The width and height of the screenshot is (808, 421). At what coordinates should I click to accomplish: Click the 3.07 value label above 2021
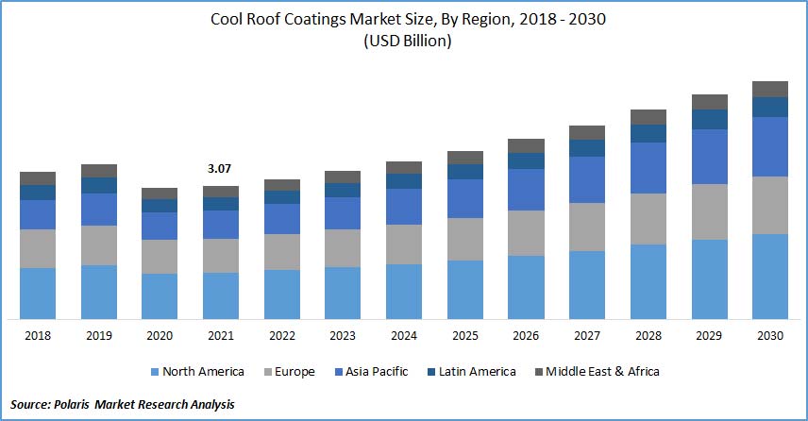tap(220, 169)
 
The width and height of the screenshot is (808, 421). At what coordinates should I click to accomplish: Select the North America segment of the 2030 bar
tap(770, 276)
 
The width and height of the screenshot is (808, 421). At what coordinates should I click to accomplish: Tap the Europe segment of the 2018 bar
tap(38, 248)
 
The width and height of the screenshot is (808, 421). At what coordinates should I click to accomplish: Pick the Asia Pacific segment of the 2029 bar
tap(710, 157)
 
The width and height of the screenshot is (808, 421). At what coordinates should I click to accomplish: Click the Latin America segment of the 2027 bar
tap(587, 148)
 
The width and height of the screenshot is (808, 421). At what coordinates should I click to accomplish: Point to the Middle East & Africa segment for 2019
tap(99, 171)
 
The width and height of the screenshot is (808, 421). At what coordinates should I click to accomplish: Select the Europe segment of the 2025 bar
tap(465, 239)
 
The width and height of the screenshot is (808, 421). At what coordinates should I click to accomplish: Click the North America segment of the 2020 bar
tap(160, 295)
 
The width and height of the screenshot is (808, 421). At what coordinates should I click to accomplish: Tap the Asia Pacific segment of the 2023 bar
tap(343, 213)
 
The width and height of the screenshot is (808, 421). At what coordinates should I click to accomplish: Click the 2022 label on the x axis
tap(281, 335)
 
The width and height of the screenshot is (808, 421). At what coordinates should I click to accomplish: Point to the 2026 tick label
tap(526, 335)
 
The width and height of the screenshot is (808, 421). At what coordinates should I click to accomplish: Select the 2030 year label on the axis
tap(770, 335)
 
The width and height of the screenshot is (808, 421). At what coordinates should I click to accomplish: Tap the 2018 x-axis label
tap(38, 335)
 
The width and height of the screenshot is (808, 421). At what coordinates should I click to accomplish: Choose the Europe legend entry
tap(289, 372)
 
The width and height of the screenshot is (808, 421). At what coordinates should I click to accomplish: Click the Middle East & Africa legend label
tap(604, 372)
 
